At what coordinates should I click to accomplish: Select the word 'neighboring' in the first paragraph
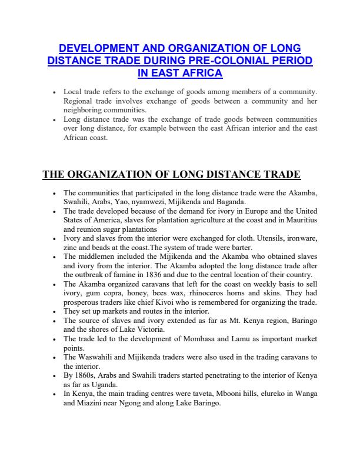coord(82,110)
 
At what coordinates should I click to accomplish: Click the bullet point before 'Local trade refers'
coord(54,93)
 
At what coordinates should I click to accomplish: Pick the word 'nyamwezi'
coord(147,201)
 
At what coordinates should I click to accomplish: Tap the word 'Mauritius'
coord(299,219)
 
